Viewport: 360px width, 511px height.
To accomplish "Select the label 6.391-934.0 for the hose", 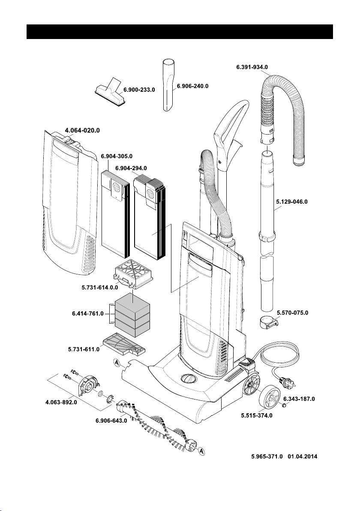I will [x=255, y=67].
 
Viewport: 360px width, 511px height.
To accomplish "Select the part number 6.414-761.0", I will [x=87, y=313].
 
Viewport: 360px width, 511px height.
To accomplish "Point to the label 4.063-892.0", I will [x=61, y=403].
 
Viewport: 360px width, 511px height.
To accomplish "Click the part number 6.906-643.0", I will [x=111, y=420].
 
